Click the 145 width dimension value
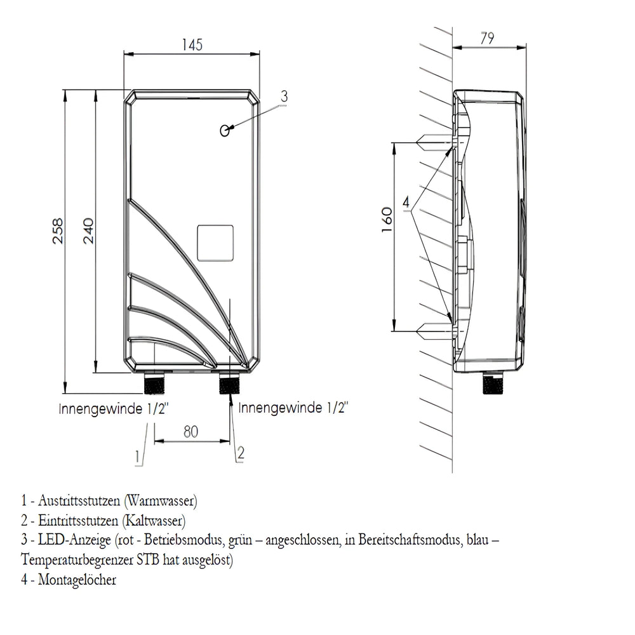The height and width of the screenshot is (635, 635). click(x=191, y=45)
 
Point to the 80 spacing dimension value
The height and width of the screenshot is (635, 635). click(x=191, y=431)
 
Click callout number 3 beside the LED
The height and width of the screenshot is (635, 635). click(x=284, y=97)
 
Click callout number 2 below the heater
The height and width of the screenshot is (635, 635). click(x=240, y=452)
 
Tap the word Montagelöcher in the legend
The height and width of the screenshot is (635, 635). click(x=77, y=580)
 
